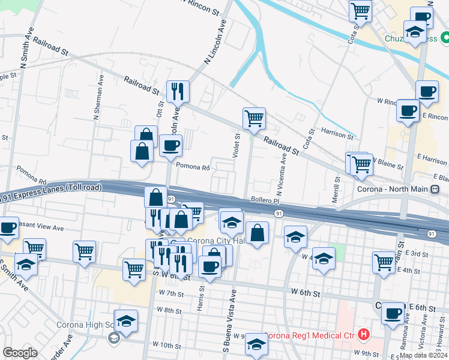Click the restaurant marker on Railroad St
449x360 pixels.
click(178, 92)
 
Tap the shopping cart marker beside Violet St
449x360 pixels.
click(254, 118)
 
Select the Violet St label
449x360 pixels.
click(237, 146)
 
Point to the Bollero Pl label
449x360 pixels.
click(265, 200)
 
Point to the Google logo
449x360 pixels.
click(20, 353)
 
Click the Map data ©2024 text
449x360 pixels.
click(423, 355)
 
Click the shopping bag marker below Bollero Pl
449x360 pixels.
click(257, 233)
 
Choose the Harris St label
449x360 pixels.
click(201, 298)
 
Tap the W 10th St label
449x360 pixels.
click(166, 345)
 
